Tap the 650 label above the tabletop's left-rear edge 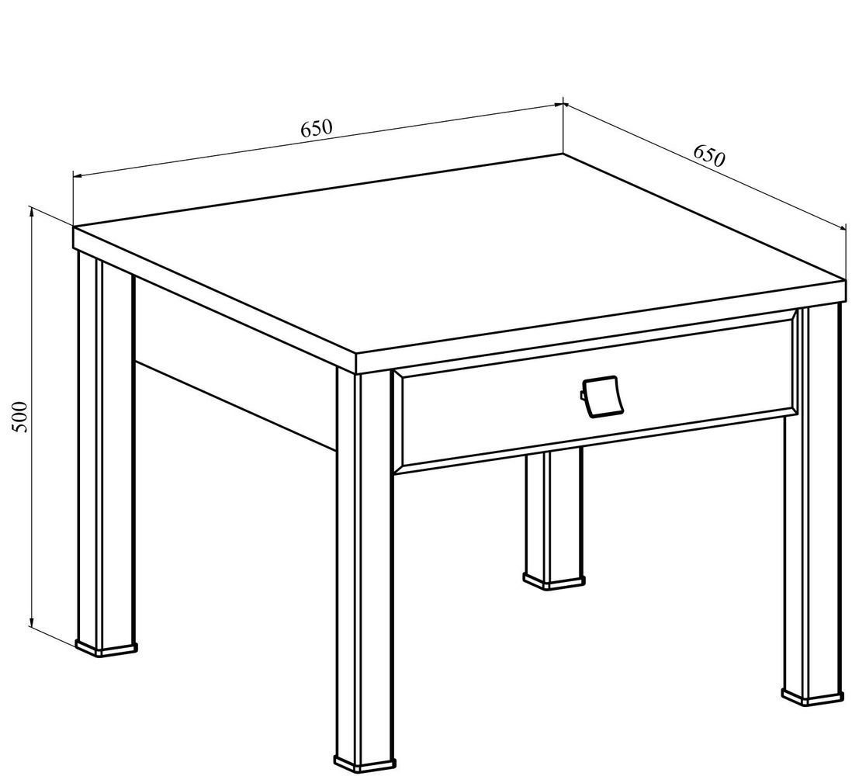click(316, 128)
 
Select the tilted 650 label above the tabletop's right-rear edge click(708, 156)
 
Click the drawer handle click(599, 397)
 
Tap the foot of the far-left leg click(106, 648)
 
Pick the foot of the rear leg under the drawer click(554, 580)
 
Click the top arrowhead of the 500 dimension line click(32, 213)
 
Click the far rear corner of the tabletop click(563, 154)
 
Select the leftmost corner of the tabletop click(74, 227)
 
